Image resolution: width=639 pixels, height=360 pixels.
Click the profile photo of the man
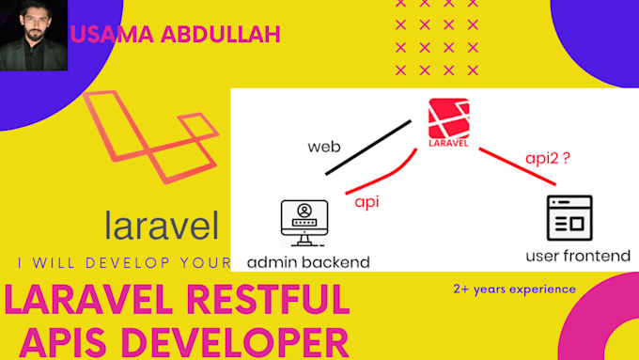(x=35, y=35)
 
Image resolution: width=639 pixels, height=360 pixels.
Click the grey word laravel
(x=163, y=227)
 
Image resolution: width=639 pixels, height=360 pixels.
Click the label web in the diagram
(x=322, y=148)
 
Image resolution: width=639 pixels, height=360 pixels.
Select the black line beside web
(x=369, y=147)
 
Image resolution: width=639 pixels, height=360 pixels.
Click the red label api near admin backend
(x=366, y=201)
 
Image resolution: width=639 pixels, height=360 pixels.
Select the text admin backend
(x=308, y=260)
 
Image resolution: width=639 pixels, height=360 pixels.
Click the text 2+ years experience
(x=513, y=289)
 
